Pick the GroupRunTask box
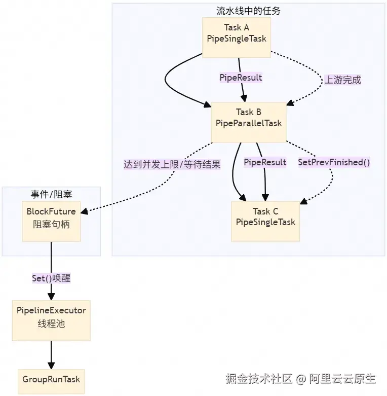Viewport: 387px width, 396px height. click(x=51, y=379)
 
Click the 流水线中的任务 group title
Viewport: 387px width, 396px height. click(x=248, y=10)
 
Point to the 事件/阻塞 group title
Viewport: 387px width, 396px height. click(x=51, y=194)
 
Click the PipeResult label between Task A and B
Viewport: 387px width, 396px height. click(x=241, y=78)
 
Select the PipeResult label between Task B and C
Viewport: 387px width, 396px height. click(x=265, y=162)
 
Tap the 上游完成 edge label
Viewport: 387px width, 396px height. click(x=343, y=80)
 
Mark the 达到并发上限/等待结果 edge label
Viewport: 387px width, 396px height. click(x=172, y=164)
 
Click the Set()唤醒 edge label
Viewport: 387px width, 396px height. click(x=51, y=279)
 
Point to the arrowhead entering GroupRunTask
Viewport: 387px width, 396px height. click(x=51, y=365)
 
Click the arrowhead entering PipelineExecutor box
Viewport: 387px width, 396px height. click(x=51, y=296)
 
